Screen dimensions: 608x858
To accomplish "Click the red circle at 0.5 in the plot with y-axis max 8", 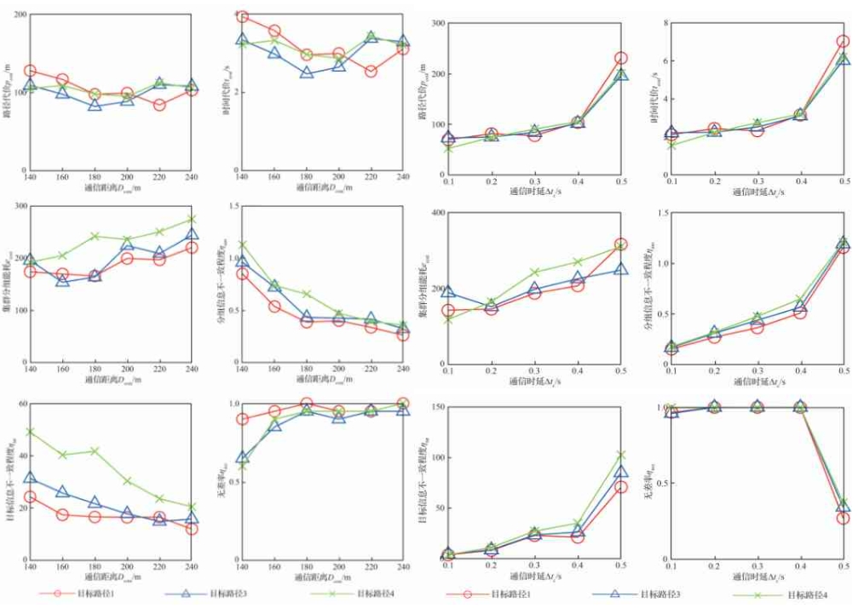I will tap(843, 41).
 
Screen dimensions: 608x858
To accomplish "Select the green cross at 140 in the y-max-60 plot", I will tap(30, 432).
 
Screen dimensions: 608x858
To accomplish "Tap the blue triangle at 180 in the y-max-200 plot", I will tap(95, 105).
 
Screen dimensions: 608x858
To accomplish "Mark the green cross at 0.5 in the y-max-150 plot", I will tap(621, 455).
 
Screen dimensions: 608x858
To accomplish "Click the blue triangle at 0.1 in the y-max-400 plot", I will tap(448, 291).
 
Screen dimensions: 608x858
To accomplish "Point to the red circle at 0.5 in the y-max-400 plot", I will tap(621, 245).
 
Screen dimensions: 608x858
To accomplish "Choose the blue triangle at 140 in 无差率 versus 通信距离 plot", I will tap(242, 457).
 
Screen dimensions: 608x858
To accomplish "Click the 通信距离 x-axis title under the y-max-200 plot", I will tap(112, 186).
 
